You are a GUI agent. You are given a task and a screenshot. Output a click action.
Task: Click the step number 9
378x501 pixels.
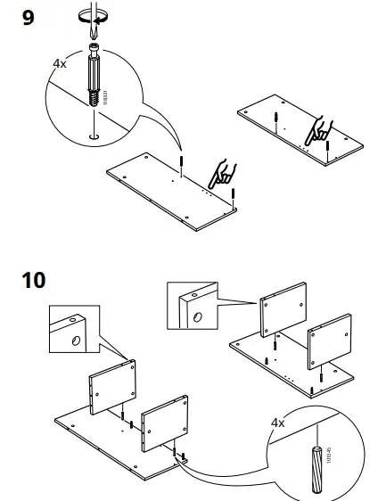click(x=29, y=17)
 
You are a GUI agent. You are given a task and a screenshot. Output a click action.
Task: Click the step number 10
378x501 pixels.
click(x=33, y=279)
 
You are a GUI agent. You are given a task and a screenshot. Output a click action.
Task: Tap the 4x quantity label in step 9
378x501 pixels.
click(x=60, y=65)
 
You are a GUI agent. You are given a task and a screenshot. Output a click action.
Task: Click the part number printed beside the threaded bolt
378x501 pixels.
click(x=107, y=92)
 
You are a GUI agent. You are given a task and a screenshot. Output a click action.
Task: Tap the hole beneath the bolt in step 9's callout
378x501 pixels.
click(x=93, y=136)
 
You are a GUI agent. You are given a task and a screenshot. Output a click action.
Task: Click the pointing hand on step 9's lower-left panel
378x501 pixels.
click(x=222, y=171)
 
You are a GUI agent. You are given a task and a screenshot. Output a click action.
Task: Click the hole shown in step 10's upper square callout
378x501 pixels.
click(x=196, y=315)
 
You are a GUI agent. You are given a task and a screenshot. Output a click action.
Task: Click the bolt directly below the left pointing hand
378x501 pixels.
click(x=232, y=195)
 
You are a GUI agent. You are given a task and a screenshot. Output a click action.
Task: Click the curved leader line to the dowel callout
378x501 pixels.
click(x=232, y=472)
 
